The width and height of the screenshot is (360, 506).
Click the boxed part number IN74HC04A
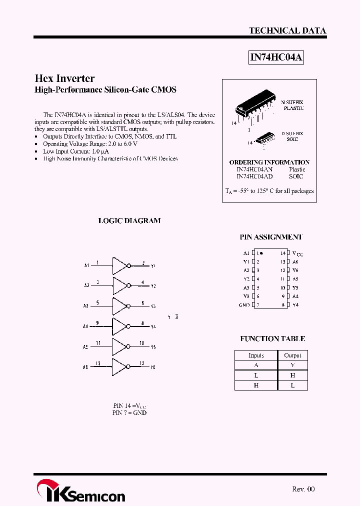(276, 57)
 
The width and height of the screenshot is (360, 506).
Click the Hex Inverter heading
(64, 78)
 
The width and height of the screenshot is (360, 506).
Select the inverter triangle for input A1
(119, 265)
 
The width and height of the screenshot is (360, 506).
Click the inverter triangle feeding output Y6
(119, 366)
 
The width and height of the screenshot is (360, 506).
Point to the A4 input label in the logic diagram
(85, 326)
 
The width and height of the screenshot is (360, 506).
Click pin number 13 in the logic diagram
(98, 363)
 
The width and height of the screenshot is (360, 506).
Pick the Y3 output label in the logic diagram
(153, 306)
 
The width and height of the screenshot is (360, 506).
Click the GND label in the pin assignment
(244, 305)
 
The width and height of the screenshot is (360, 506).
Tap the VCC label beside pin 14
(297, 254)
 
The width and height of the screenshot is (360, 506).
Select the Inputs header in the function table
(256, 355)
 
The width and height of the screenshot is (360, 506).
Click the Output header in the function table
(292, 355)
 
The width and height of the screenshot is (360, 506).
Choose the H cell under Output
(292, 375)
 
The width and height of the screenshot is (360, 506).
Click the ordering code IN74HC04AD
(254, 176)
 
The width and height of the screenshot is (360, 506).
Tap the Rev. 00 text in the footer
(303, 489)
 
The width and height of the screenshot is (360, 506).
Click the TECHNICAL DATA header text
(287, 30)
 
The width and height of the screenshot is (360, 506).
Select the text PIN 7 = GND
(129, 413)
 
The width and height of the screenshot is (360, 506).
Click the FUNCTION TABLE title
(272, 338)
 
